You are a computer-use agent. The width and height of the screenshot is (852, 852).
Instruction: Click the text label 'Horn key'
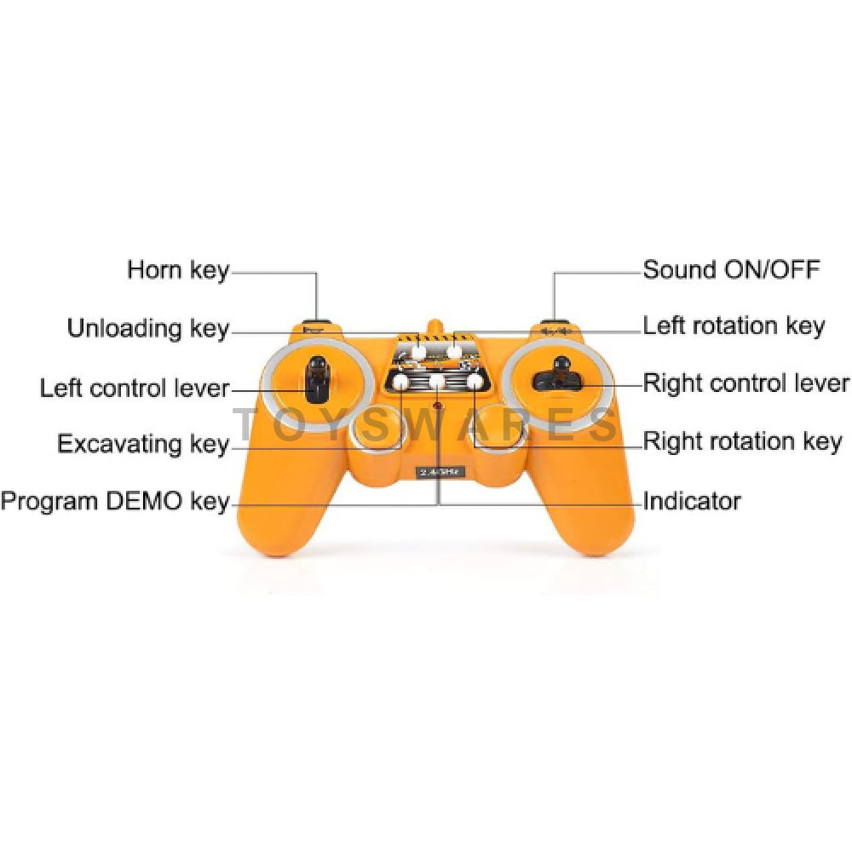click(x=178, y=270)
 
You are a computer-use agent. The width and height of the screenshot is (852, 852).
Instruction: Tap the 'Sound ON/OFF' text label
click(x=731, y=269)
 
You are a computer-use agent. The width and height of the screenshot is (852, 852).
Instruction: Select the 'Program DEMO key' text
click(x=115, y=501)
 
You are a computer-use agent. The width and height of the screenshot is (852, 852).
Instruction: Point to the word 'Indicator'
click(x=692, y=500)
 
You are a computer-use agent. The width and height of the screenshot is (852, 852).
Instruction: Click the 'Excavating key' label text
click(x=143, y=444)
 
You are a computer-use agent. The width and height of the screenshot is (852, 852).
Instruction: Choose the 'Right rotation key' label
click(x=742, y=440)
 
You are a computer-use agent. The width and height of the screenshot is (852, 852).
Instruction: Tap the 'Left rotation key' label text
click(x=734, y=326)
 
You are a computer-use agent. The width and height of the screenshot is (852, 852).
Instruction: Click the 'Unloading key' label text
click(x=148, y=329)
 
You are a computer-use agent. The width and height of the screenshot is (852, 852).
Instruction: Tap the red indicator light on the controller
click(x=437, y=406)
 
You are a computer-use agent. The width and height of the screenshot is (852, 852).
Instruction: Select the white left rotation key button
click(x=454, y=351)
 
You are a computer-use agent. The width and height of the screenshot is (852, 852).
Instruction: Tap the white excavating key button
click(x=400, y=382)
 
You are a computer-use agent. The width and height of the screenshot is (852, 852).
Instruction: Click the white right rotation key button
click(x=475, y=382)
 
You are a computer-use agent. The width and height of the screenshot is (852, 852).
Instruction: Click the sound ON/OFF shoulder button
click(x=555, y=322)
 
